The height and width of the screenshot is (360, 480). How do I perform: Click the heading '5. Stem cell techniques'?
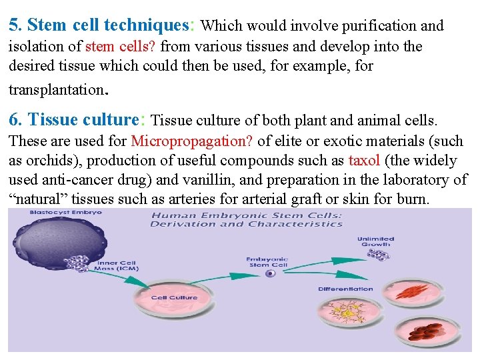[x=99, y=25]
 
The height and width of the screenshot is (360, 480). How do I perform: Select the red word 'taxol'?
[x=364, y=161]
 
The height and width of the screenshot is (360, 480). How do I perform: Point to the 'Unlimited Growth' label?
[x=375, y=241]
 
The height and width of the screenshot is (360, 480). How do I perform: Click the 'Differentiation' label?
[x=345, y=289]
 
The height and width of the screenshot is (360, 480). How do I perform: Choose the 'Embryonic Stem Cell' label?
[x=267, y=261]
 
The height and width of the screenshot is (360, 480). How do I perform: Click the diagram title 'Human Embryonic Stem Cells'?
[x=246, y=215]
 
